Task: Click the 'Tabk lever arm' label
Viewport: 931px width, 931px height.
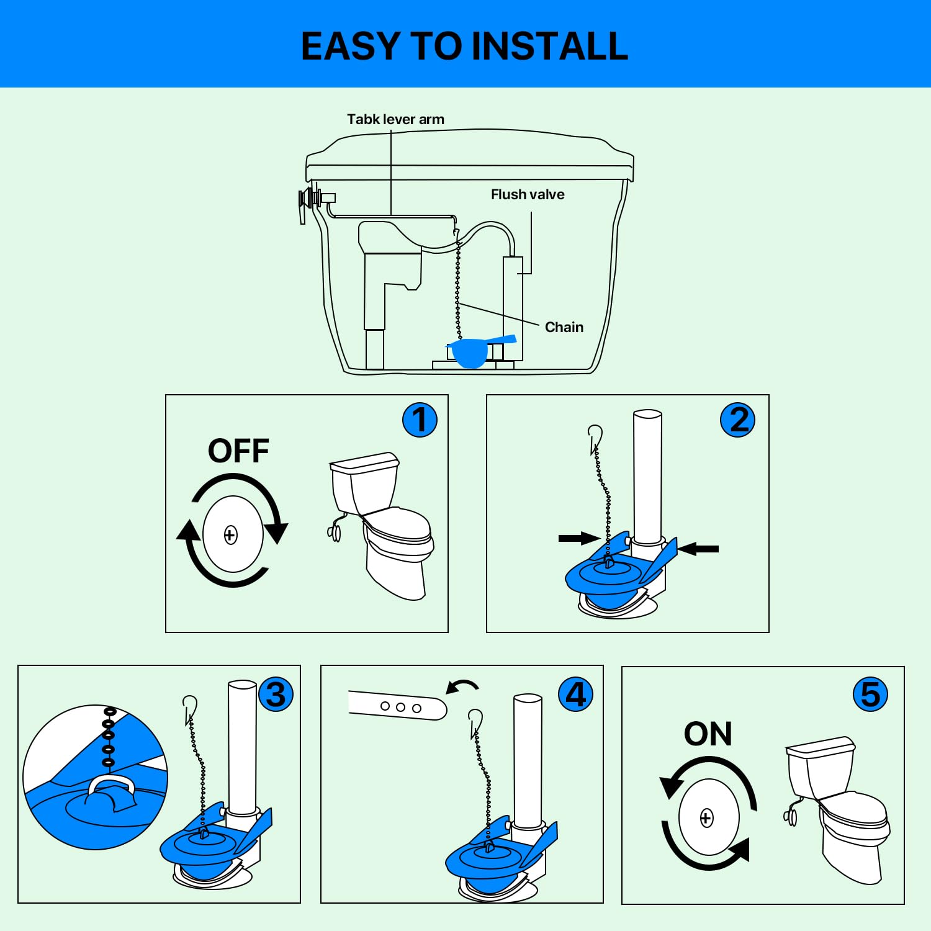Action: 395,119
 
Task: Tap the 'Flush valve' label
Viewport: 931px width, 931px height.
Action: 528,194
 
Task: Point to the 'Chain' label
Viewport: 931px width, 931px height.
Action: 564,327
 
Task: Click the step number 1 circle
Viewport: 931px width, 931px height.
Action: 420,420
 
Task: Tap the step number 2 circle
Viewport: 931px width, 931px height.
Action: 737,420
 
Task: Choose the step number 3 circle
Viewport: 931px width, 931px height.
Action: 276,695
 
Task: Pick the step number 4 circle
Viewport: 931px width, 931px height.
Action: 575,695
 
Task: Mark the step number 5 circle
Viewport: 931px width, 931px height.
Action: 870,695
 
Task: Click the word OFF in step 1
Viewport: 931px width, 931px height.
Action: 238,451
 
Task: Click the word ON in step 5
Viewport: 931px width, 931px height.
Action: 708,734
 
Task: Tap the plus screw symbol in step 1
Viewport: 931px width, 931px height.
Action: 230,535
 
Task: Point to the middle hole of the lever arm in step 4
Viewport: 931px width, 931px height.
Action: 400,707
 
